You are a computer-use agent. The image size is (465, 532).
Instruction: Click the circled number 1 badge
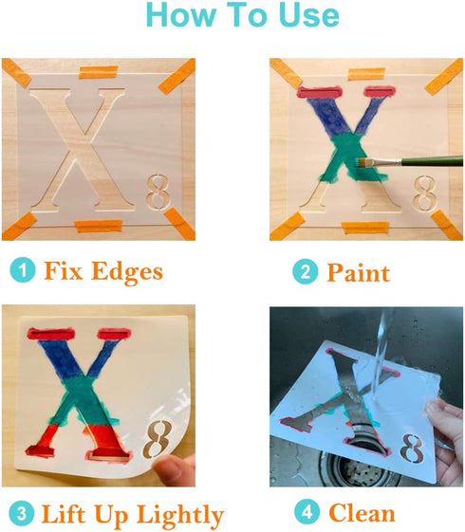click(21, 271)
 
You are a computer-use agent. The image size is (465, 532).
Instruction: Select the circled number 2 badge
click(304, 272)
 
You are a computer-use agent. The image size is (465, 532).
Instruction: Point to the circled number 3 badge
click(20, 515)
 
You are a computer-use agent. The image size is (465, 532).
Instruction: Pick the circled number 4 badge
click(305, 514)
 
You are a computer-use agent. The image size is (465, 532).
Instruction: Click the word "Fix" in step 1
click(62, 271)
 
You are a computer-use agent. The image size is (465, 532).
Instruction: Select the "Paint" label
click(358, 273)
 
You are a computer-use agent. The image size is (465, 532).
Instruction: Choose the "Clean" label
click(362, 514)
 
